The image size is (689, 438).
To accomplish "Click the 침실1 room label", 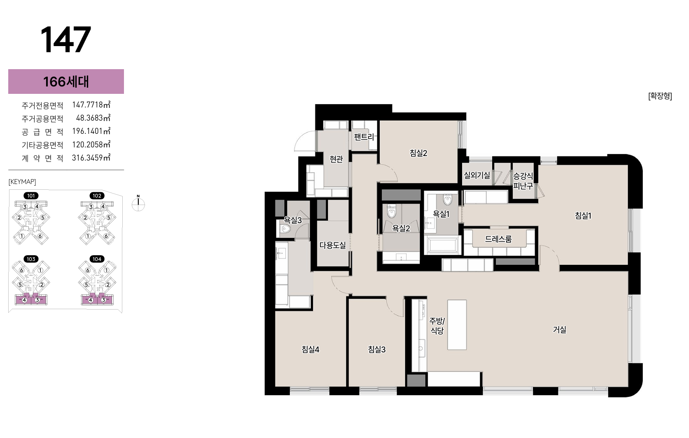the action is [x=583, y=215].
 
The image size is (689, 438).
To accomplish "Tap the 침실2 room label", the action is [x=418, y=153].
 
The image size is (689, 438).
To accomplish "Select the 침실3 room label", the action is [x=377, y=349].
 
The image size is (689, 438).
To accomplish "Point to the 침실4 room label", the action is [x=311, y=349].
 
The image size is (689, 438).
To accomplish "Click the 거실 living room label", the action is [x=560, y=329].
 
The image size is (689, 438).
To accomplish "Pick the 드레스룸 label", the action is [x=498, y=239].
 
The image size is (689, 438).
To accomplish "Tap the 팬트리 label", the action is [x=364, y=137].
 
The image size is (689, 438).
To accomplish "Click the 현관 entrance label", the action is [x=336, y=159].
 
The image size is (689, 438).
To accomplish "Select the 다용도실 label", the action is [x=332, y=245].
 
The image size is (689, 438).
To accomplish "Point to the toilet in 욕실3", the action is [x=285, y=229].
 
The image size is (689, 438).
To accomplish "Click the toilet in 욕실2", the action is [x=391, y=211].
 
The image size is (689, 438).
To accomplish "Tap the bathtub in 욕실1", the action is [x=442, y=245].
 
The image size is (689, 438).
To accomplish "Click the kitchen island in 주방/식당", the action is [x=457, y=324].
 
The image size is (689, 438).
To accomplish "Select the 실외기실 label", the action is [x=477, y=175].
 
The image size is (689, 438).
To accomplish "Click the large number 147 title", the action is [x=65, y=40].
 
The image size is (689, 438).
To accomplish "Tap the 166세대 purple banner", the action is [x=66, y=82].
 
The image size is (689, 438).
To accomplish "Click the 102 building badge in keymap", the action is [x=97, y=196].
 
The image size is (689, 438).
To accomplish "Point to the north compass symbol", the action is [x=138, y=204].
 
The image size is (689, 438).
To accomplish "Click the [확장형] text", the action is [x=660, y=96].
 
